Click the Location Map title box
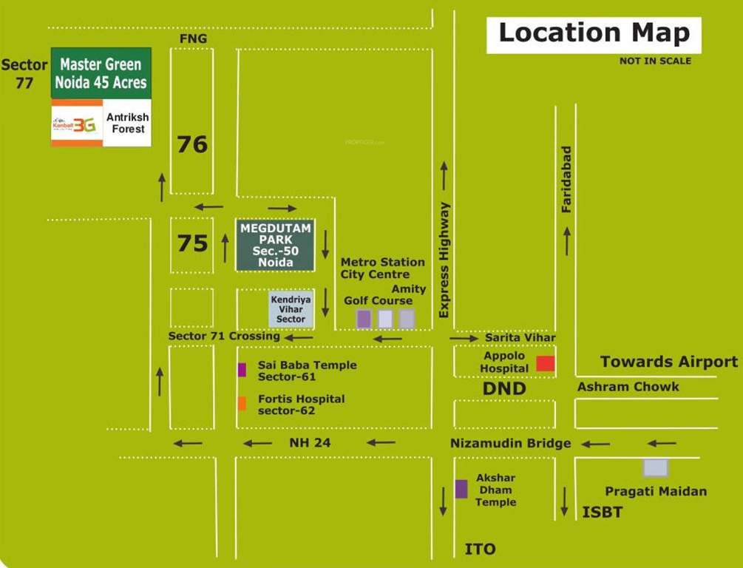pos(594,34)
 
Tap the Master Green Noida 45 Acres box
pos(101,73)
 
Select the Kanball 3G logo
pos(76,124)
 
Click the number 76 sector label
pos(192,144)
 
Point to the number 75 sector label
pos(192,243)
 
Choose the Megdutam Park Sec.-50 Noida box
pos(276,245)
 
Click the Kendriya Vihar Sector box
pos(291,309)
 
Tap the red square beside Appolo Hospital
pos(546,363)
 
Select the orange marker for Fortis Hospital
pos(242,403)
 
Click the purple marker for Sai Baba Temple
pos(242,370)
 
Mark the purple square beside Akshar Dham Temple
pos(461,489)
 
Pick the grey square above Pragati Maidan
pos(655,467)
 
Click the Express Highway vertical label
pos(444,260)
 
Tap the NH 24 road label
pos(310,443)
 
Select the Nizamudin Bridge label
pos(510,443)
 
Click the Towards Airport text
pos(668,362)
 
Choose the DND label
pos(504,388)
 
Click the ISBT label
pos(603,513)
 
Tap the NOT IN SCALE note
pos(655,61)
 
